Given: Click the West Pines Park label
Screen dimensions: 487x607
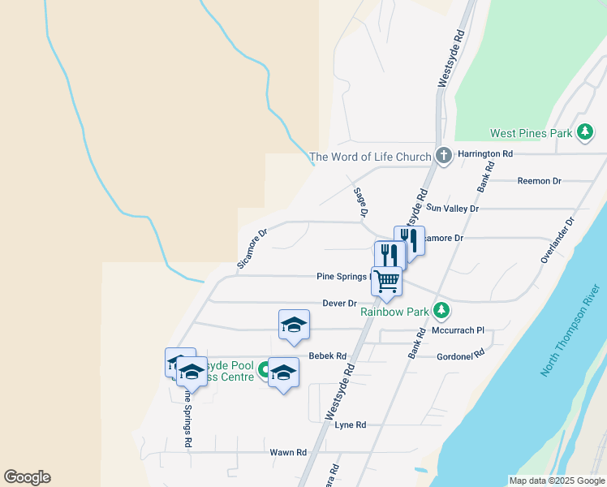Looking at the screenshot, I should point(531,133).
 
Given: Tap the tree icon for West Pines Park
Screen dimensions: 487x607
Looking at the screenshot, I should point(584,132).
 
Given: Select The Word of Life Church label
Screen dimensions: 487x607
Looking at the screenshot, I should point(370,157).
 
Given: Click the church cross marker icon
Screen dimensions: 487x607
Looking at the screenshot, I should point(443,156).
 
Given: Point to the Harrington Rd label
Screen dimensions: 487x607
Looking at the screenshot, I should point(485,153).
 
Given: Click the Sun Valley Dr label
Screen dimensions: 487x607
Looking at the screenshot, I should point(452,209).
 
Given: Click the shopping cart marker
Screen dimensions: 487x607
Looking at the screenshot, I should point(387,281).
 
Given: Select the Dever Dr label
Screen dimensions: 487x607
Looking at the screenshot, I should point(339,304).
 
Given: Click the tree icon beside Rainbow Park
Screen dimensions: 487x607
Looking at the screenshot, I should point(441,310).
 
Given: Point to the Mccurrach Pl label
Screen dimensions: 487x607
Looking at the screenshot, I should point(457,330).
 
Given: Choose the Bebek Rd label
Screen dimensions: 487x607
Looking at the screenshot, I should point(328,356).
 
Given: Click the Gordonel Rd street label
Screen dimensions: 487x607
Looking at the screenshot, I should point(460,354).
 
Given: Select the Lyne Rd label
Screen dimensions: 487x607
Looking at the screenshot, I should point(351,425).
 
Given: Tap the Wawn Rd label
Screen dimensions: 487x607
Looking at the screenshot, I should point(290,452).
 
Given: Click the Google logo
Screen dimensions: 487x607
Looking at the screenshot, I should point(27,477).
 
